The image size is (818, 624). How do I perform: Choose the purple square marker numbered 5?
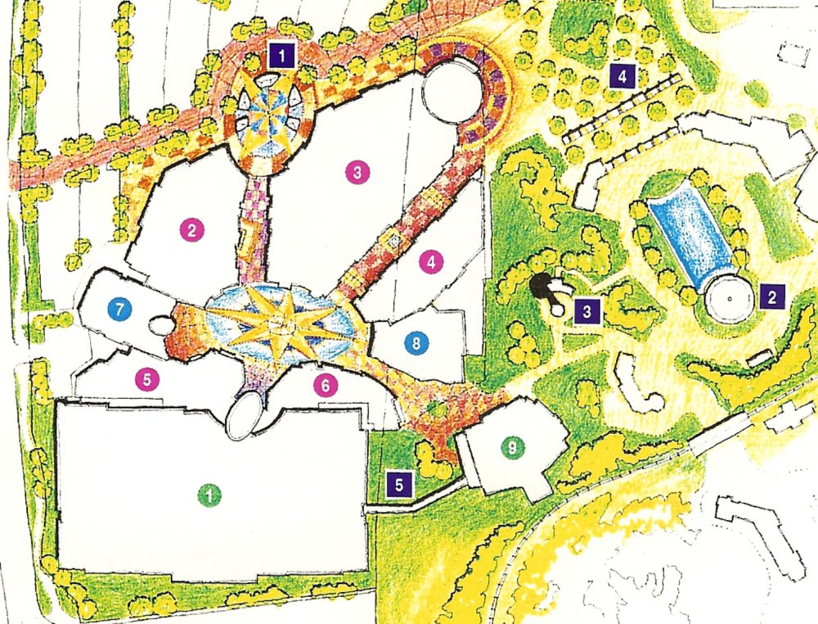click(399, 483)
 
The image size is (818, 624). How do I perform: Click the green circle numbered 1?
click(210, 494)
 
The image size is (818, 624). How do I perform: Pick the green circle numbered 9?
click(512, 447)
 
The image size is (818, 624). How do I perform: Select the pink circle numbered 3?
click(357, 172)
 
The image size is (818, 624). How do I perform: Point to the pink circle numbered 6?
click(326, 382)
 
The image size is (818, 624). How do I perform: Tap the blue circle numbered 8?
click(416, 344)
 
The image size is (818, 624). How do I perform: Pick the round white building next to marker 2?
click(726, 299)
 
